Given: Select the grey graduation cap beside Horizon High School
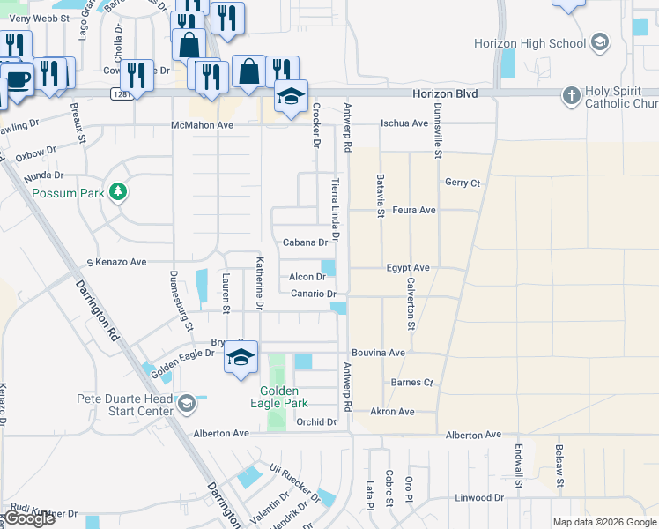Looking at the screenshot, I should tap(599, 42).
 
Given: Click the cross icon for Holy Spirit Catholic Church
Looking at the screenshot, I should tap(572, 94).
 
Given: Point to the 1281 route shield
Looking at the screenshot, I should tap(122, 93).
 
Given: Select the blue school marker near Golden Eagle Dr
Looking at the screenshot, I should tap(241, 357).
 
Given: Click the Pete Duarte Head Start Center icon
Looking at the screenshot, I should tap(186, 404).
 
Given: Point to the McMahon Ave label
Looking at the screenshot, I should tap(202, 125).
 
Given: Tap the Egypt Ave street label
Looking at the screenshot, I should tap(407, 267).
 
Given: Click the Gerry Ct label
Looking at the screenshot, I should tap(462, 183).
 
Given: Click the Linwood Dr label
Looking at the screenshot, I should tap(478, 497).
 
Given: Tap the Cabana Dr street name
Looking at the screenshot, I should tap(305, 242).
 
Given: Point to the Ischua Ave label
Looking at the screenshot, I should tap(404, 124).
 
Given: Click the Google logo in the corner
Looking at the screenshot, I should tap(30, 518).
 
